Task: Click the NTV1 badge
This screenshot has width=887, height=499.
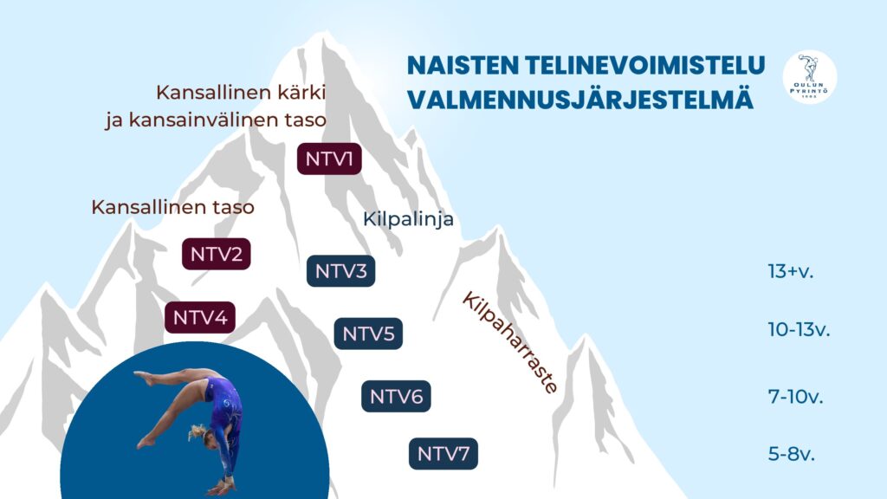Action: pos(329,159)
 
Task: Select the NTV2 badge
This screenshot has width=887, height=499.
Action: pos(216,254)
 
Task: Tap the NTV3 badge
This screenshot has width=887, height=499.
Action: pos(340,271)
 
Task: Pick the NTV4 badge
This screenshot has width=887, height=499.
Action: pos(200,317)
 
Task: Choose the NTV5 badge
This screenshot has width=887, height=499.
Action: pos(368,334)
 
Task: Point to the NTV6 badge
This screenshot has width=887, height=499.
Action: pos(396,397)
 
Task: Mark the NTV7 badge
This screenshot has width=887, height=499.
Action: pos(443,454)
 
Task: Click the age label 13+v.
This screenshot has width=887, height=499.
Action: pos(790,271)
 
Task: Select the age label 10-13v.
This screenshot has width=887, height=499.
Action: pos(799,329)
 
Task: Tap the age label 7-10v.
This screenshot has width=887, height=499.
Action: pos(795,397)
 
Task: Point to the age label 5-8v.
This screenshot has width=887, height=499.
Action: pos(792,454)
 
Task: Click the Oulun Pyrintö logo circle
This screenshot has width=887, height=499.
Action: pos(810,77)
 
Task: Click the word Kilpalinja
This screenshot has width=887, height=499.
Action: pos(408,219)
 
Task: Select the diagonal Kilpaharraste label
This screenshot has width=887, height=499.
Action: pos(510,343)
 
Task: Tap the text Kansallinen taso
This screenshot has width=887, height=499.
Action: pos(172,207)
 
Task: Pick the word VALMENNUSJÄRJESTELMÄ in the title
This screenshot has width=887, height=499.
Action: pos(580,99)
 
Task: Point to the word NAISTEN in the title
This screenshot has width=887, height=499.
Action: pos(463,65)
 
